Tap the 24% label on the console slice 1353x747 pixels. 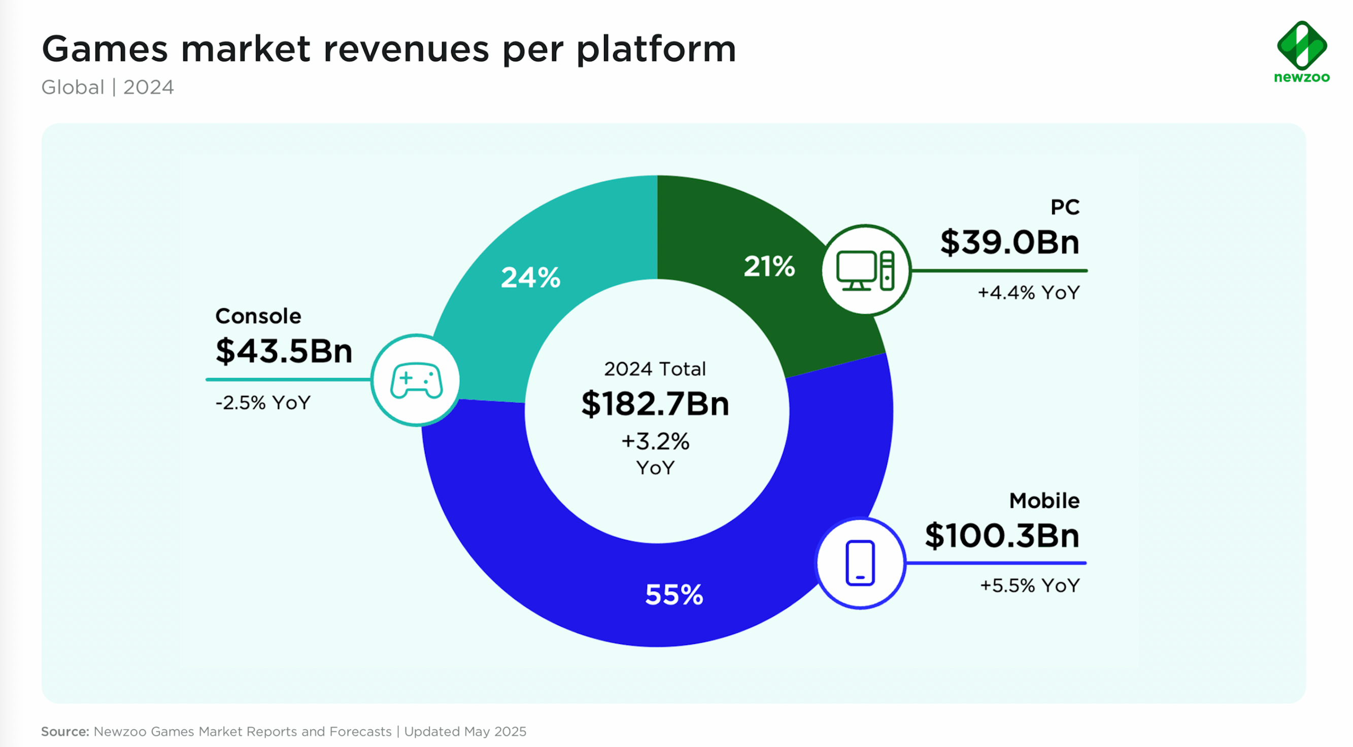tap(530, 278)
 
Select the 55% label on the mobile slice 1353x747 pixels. tap(674, 595)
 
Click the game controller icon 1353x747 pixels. tap(416, 380)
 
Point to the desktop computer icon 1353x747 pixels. tap(865, 270)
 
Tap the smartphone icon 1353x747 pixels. tap(860, 563)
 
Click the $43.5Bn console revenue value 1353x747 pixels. tap(284, 351)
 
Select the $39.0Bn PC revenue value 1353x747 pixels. tap(1009, 242)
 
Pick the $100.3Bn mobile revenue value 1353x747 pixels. tap(1002, 536)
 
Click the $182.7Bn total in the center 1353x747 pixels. tap(655, 404)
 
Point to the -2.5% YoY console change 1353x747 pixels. tap(262, 403)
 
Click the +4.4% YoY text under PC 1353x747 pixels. tap(1028, 293)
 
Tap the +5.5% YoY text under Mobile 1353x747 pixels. tap(1029, 585)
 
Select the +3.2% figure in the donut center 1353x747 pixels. tap(655, 442)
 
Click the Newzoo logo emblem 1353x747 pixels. tap(1302, 45)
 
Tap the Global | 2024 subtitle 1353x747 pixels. tap(107, 87)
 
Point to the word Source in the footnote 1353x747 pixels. tap(64, 731)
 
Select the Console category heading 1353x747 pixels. tap(258, 316)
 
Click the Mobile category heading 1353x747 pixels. tap(1043, 501)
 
